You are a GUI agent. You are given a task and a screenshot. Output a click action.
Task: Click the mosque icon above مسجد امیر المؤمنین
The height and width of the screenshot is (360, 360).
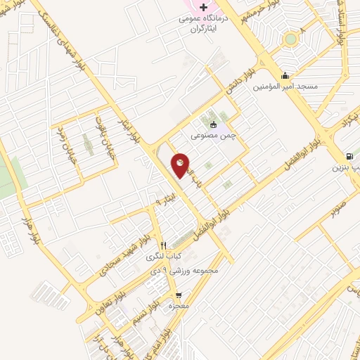click(x=285, y=75)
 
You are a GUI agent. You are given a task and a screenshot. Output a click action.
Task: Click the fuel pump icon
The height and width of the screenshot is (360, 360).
click(x=349, y=157)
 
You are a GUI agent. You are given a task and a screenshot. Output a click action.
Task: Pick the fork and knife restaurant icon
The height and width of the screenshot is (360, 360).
click(x=164, y=245)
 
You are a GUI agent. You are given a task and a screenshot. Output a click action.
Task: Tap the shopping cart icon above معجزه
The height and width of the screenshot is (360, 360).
click(x=179, y=295)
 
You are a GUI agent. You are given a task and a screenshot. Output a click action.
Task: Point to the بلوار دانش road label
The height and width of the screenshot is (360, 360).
click(x=238, y=85)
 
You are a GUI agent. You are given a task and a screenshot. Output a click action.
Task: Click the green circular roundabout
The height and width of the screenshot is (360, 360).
click(x=290, y=39)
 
